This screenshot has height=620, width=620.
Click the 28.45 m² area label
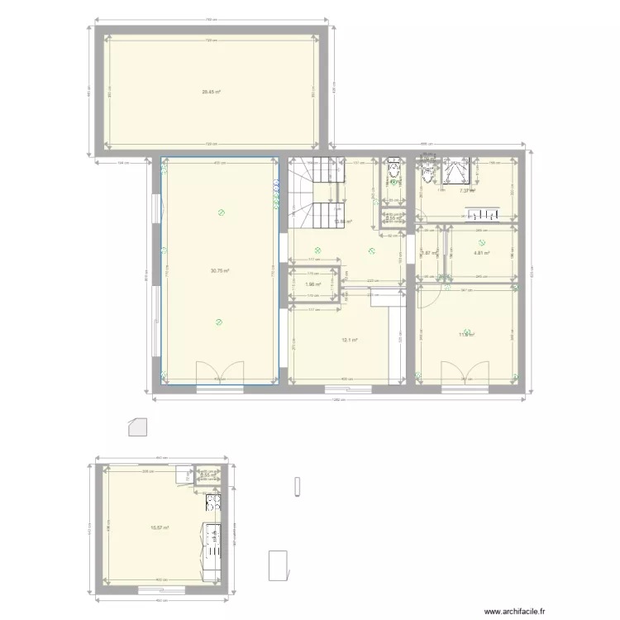click(211, 92)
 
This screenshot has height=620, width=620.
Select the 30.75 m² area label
click(219, 270)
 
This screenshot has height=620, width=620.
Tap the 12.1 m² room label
click(349, 340)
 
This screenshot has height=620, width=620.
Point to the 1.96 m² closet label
click(312, 284)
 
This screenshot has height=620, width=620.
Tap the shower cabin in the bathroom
click(455, 171)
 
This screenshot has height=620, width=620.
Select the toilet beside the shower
click(427, 174)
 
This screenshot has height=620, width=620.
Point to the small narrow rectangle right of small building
click(296, 487)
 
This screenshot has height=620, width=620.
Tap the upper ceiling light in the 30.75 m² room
click(221, 213)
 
